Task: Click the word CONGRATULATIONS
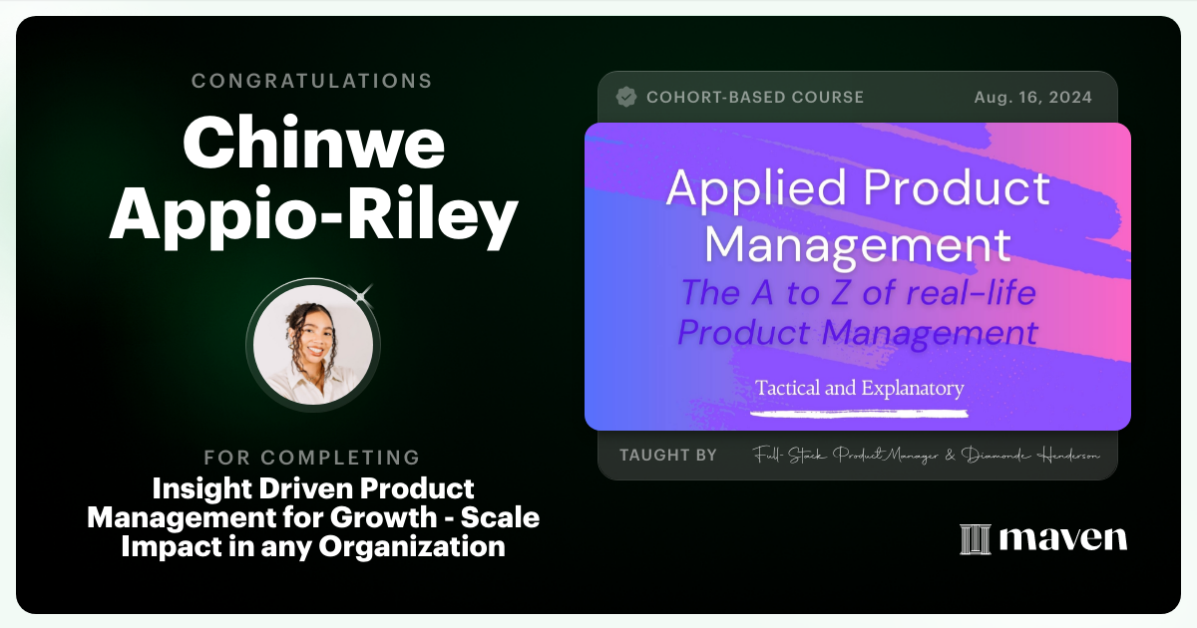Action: pyautogui.click(x=312, y=81)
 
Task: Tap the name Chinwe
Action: pyautogui.click(x=312, y=145)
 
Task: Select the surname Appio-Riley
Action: pyautogui.click(x=312, y=217)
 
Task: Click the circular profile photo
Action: pyautogui.click(x=312, y=344)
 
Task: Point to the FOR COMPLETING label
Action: pyautogui.click(x=312, y=458)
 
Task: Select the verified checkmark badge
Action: pyautogui.click(x=626, y=98)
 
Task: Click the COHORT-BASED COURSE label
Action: pyautogui.click(x=755, y=98)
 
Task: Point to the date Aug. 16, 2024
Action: pyautogui.click(x=1032, y=98)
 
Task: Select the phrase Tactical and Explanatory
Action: pyautogui.click(x=859, y=387)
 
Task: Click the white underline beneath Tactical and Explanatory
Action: pyautogui.click(x=859, y=410)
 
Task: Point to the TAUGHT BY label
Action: pyautogui.click(x=667, y=455)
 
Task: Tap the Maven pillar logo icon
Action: pyautogui.click(x=974, y=539)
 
